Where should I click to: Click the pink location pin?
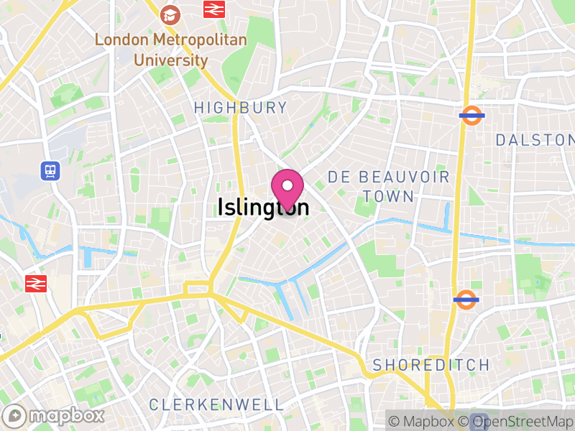[287, 189]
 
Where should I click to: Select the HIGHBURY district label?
[240, 108]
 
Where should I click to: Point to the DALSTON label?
[535, 139]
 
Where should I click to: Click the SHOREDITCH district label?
[431, 365]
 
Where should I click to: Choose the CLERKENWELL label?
[216, 405]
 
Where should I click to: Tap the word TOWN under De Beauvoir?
[388, 196]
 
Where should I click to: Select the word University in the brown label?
[170, 60]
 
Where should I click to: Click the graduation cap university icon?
[170, 13]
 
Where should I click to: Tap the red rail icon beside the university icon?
[213, 9]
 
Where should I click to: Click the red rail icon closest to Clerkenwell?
[35, 283]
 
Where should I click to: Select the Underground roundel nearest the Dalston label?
[471, 115]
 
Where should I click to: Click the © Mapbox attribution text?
[420, 422]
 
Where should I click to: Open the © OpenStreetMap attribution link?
[517, 422]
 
